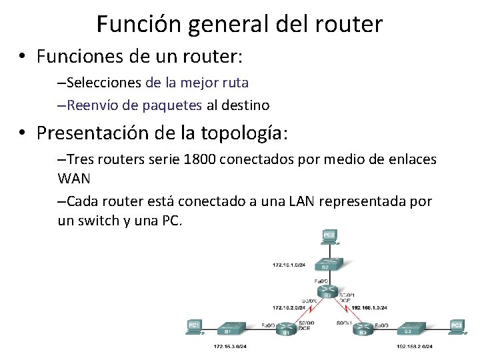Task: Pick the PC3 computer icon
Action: [x=457, y=327]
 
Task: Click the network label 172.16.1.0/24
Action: [x=288, y=265]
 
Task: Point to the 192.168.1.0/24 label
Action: [x=369, y=307]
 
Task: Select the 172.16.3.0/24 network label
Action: [x=230, y=347]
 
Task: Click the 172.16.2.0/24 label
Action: [x=289, y=307]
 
